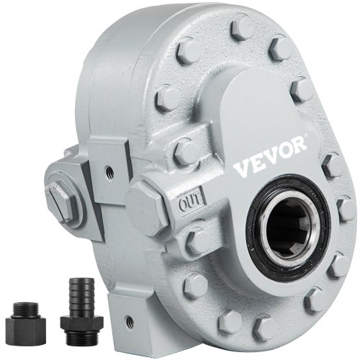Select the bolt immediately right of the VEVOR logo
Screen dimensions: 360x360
[334, 166]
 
